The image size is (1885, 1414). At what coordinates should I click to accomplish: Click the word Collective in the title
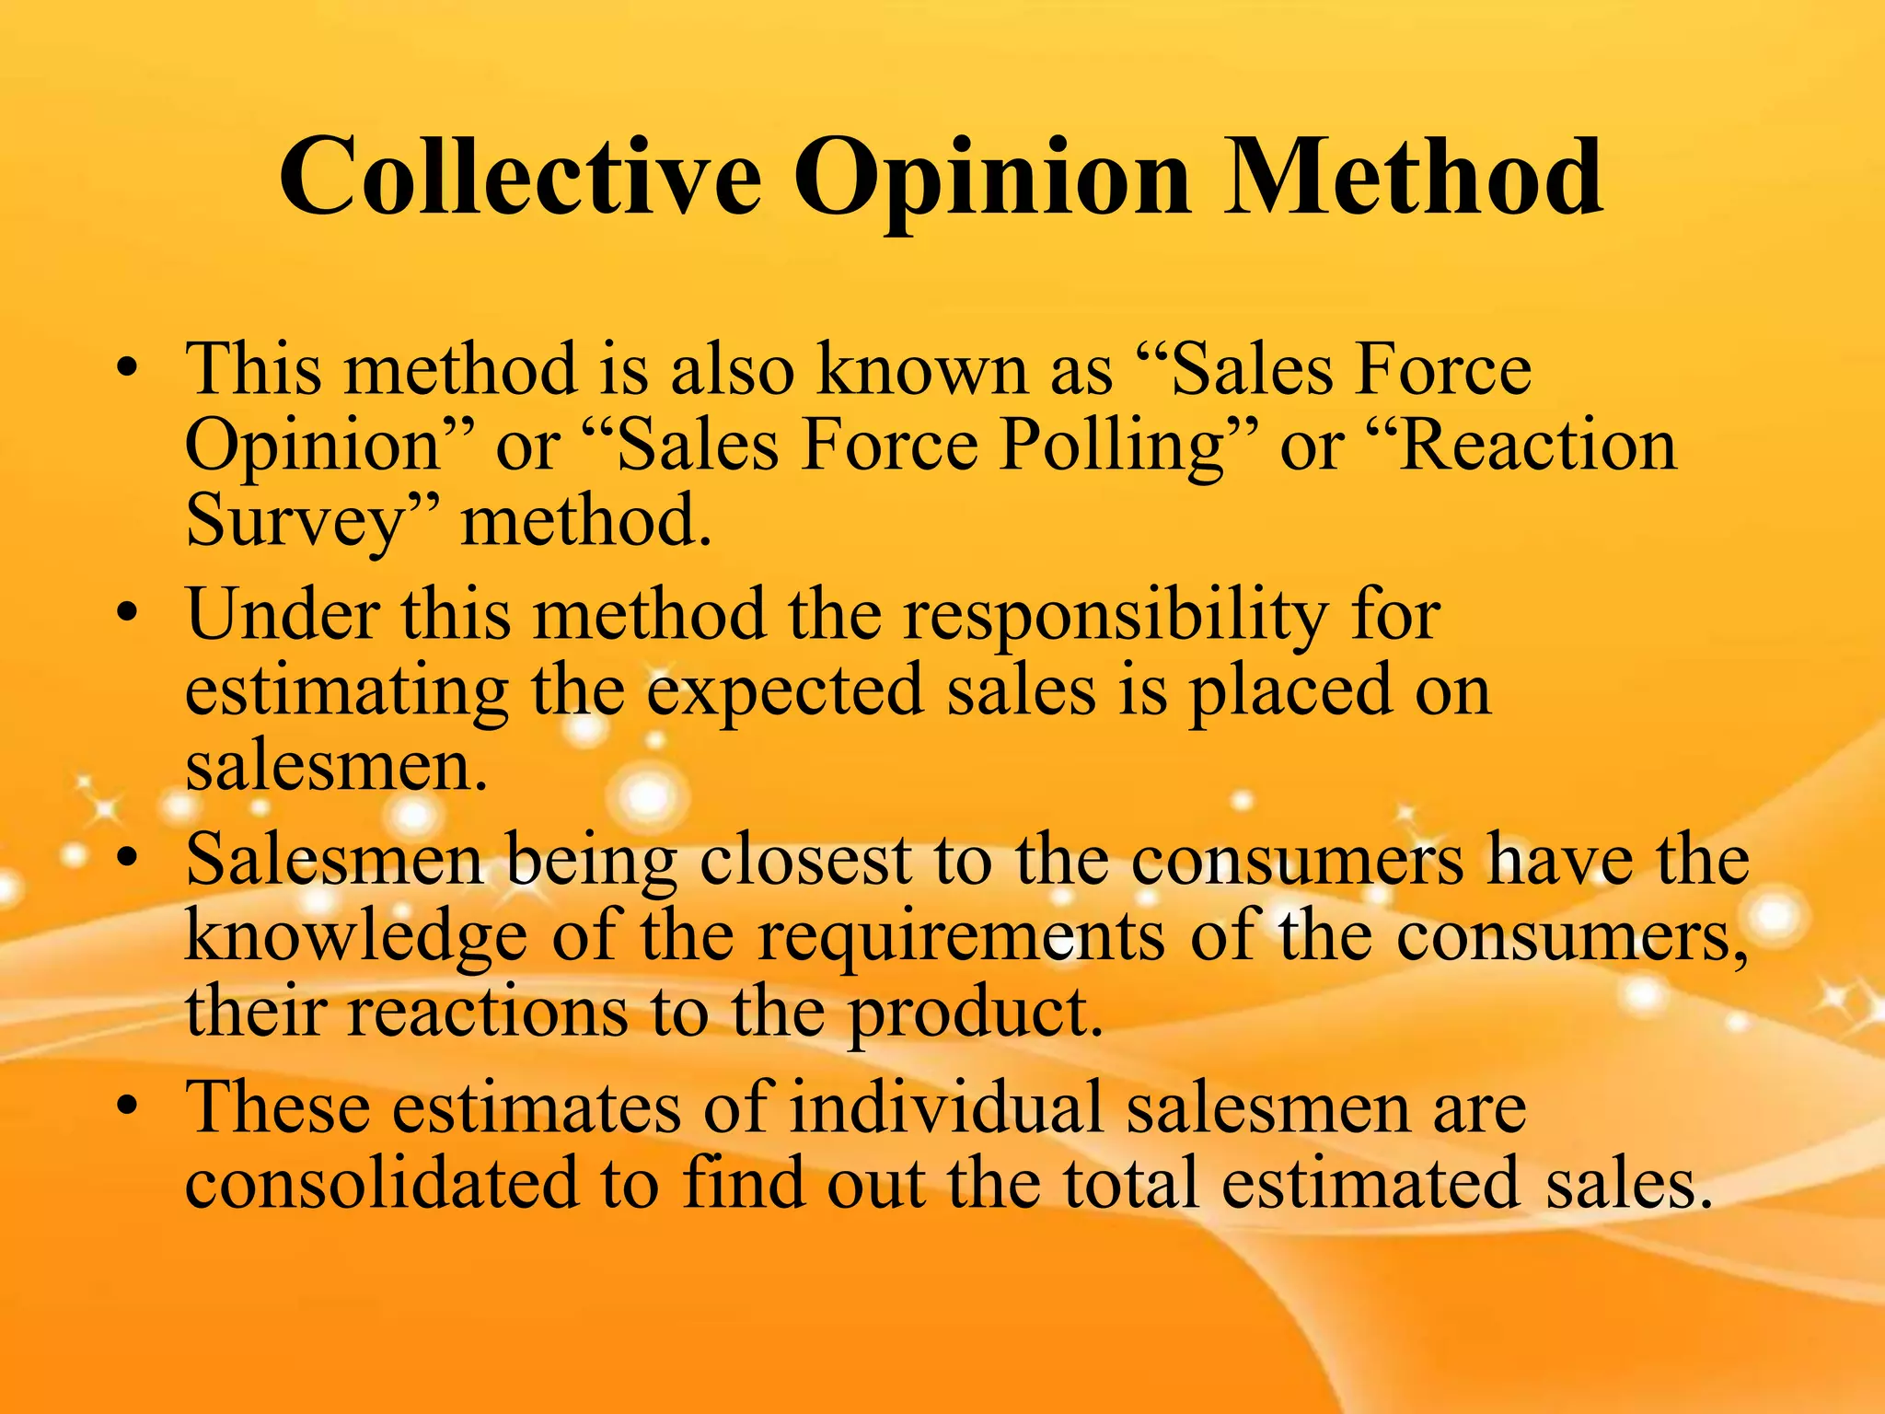[520, 177]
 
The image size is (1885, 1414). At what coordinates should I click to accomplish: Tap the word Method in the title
[1413, 177]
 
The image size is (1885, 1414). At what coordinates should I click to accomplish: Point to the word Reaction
[1536, 446]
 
